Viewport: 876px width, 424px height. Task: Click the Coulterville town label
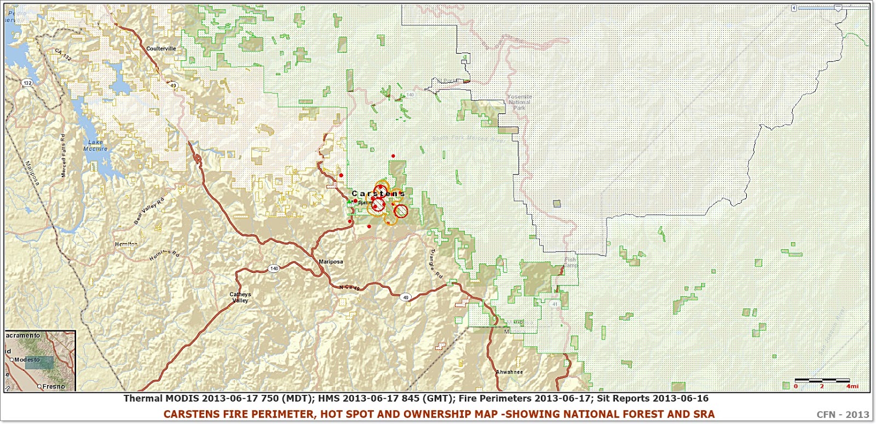click(161, 49)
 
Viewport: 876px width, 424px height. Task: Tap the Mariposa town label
click(331, 262)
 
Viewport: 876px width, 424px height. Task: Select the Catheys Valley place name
click(240, 297)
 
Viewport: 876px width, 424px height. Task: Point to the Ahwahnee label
click(509, 372)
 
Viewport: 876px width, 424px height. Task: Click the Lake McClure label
click(95, 145)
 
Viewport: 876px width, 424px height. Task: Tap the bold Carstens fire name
click(378, 193)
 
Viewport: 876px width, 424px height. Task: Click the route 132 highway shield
click(27, 83)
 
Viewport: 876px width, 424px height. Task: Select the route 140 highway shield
click(274, 268)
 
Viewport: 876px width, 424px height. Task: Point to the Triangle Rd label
click(435, 263)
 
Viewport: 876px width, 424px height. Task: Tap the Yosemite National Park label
click(519, 102)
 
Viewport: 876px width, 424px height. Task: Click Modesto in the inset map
click(27, 360)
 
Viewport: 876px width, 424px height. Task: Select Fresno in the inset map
click(53, 386)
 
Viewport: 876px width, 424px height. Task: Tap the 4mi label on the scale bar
click(852, 386)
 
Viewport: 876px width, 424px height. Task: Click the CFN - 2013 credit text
click(843, 415)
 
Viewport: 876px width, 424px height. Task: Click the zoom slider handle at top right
click(838, 8)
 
